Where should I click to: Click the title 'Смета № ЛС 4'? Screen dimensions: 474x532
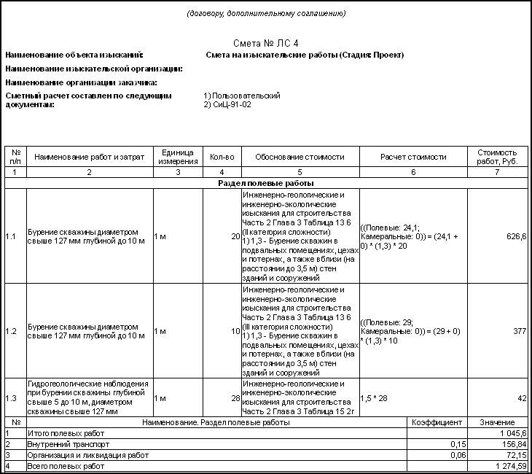[265, 44]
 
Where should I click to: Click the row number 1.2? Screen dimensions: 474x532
[11, 330]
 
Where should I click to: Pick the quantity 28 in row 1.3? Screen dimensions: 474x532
[235, 398]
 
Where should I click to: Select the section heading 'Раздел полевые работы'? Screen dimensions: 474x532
[265, 183]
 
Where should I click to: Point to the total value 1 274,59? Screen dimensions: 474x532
[511, 466]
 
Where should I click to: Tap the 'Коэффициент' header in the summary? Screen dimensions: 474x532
[437, 422]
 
